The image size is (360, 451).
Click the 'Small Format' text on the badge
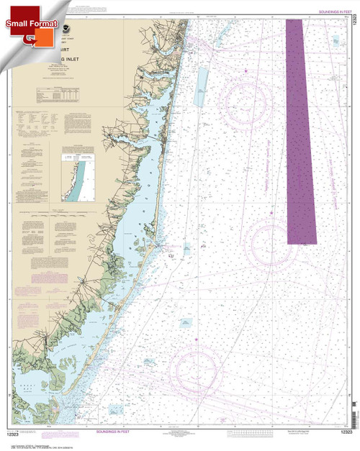tap(32, 24)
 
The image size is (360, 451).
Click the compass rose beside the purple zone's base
tap(273, 244)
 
